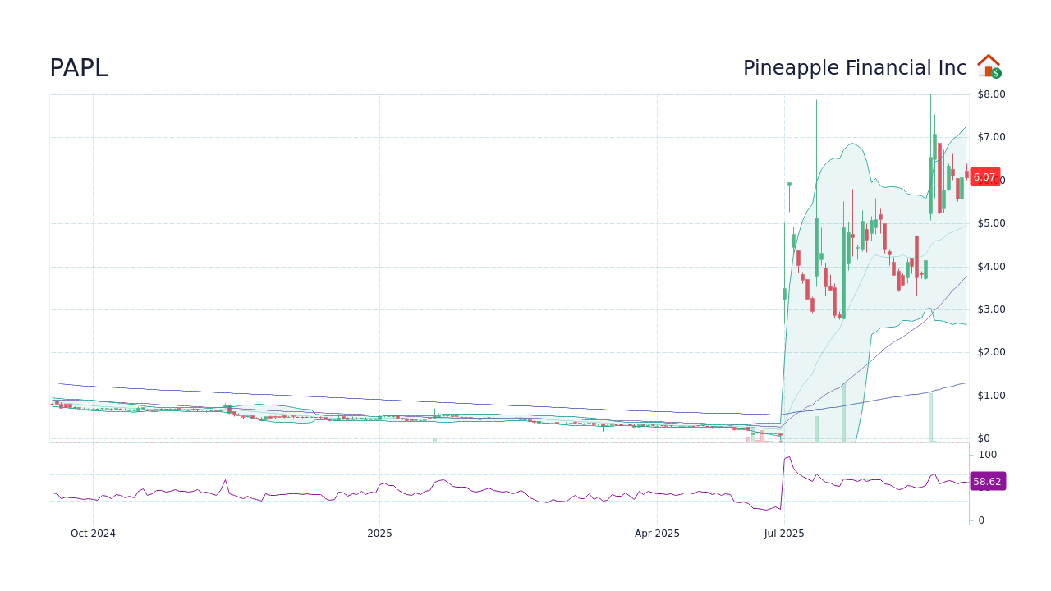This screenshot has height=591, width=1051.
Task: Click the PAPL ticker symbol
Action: click(79, 68)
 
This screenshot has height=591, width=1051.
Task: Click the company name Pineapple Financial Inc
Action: click(855, 68)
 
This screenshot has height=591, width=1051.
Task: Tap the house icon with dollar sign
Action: click(989, 66)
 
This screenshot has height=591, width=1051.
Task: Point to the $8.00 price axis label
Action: click(990, 94)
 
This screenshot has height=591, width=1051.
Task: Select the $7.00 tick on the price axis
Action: click(990, 137)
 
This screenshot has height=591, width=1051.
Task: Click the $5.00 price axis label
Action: click(990, 223)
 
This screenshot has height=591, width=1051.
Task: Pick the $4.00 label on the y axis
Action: click(990, 266)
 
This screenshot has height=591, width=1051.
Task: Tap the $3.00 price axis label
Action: click(990, 309)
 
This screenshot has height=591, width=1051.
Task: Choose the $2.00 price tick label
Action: click(990, 352)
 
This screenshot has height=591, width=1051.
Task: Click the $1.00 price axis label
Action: click(990, 396)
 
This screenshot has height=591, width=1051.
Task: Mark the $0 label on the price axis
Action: click(984, 438)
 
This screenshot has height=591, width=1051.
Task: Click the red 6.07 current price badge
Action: click(984, 177)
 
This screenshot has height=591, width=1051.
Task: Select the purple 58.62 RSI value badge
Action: click(988, 482)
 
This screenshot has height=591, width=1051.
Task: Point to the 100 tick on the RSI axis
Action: click(987, 455)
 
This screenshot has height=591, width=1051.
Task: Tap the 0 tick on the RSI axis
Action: click(981, 520)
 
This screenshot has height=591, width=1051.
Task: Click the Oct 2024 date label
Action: click(93, 534)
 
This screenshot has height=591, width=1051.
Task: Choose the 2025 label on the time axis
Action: click(379, 534)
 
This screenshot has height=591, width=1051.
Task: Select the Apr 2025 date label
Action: click(657, 534)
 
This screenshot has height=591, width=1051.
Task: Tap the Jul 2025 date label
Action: click(784, 534)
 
